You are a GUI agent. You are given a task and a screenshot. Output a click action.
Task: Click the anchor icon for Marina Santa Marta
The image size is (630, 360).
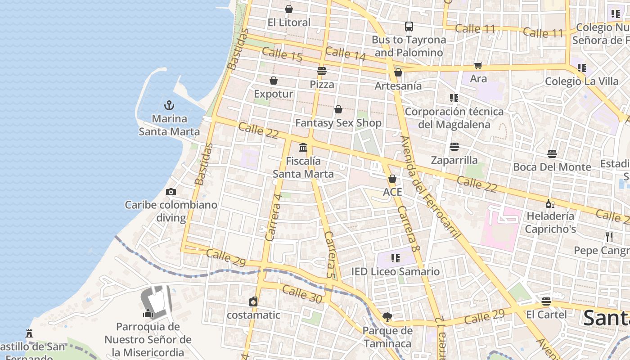click(x=169, y=105)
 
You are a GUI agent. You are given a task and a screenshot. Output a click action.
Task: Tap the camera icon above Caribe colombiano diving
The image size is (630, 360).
click(x=171, y=192)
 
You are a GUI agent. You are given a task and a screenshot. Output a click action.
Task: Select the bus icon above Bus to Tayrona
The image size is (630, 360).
click(x=409, y=27)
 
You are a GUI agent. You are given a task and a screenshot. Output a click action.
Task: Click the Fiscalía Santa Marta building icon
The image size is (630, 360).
click(x=303, y=147)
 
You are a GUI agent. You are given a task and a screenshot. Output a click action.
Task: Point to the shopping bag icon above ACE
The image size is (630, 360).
click(x=392, y=179)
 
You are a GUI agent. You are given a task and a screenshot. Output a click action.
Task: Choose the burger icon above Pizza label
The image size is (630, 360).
click(x=322, y=71)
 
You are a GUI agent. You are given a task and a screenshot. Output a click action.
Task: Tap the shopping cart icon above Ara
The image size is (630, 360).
click(x=478, y=66)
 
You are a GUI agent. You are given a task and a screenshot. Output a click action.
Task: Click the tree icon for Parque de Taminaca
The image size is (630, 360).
click(x=387, y=317)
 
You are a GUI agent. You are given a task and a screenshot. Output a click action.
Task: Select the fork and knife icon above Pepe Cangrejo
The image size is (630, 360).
click(x=609, y=237)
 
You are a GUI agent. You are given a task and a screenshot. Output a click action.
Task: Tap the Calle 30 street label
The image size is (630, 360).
click(x=302, y=294)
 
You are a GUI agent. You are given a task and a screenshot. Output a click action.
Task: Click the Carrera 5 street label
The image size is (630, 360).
click(x=330, y=255)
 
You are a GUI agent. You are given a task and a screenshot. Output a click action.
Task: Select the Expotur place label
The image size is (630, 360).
click(x=274, y=94)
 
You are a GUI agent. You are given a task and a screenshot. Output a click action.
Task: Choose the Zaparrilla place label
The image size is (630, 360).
click(x=454, y=160)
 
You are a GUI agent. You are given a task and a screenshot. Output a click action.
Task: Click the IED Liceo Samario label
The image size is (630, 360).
click(x=396, y=271)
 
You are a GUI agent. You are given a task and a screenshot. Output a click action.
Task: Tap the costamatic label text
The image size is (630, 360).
click(x=253, y=315)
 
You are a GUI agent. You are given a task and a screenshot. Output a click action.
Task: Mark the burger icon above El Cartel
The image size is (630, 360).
click(x=546, y=301)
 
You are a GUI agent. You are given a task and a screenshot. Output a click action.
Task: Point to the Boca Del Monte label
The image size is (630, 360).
click(x=552, y=167)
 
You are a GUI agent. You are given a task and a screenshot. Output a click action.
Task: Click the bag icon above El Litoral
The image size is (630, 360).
click(x=289, y=9)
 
